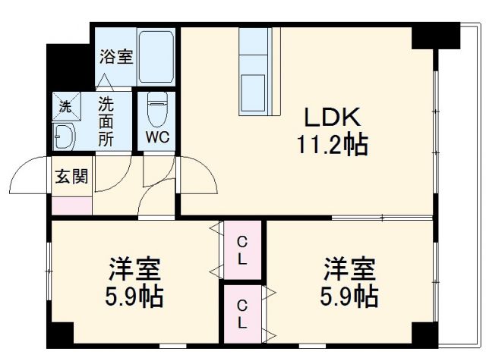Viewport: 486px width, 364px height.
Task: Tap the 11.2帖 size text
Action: [x=332, y=144]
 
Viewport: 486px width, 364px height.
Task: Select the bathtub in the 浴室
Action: [x=156, y=56]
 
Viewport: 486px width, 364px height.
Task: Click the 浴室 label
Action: [x=116, y=56]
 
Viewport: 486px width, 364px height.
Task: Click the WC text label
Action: [x=157, y=139]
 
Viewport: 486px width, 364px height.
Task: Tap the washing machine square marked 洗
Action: [x=65, y=105]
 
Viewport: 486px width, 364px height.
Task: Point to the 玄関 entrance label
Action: [x=71, y=177]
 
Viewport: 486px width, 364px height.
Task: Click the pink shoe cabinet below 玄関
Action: [x=72, y=204]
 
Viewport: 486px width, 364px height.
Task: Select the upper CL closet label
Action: [x=241, y=249]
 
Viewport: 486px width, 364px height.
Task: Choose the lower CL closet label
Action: [x=241, y=313]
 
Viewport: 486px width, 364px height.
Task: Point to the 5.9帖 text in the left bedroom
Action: [x=134, y=295]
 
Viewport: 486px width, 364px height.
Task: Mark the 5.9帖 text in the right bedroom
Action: [x=350, y=295]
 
